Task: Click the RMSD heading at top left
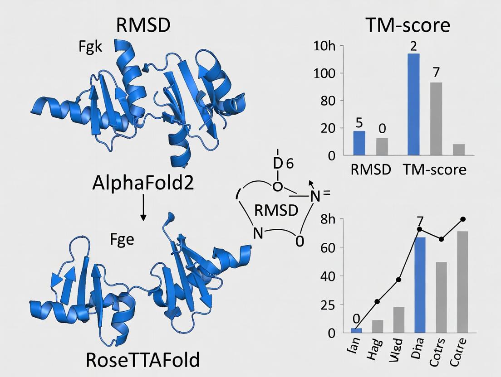pos(143,25)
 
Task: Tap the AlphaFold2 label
pos(143,183)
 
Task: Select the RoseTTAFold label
pos(142,360)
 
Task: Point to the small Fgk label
pos(90,47)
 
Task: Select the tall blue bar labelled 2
pos(413,104)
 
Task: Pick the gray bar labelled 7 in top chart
pos(436,119)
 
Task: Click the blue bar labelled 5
pos(359,143)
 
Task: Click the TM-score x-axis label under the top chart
pos(434,169)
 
